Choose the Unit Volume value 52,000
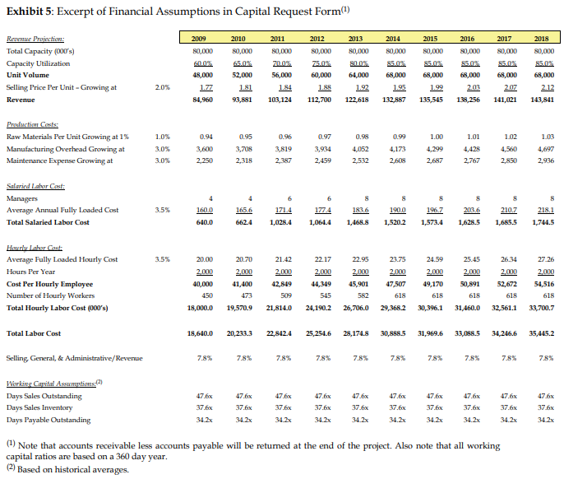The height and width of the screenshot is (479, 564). coord(238,75)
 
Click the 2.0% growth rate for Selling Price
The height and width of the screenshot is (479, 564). coord(162,87)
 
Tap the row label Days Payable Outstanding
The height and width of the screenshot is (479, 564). coord(49,420)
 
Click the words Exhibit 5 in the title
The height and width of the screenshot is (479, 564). coord(30,11)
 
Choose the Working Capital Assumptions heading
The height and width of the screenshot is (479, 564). coord(49,385)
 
